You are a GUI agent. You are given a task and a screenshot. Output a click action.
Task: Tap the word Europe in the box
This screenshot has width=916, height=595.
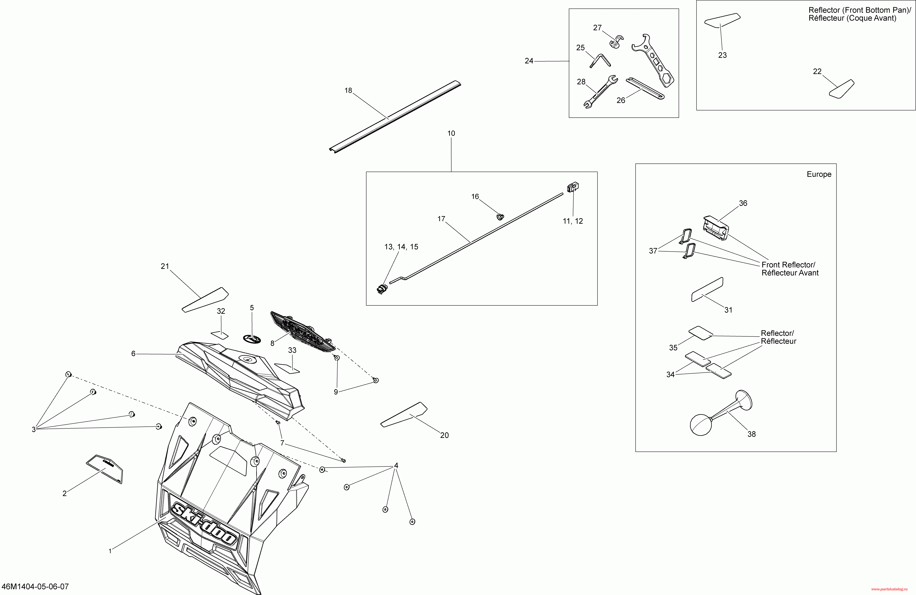(819, 174)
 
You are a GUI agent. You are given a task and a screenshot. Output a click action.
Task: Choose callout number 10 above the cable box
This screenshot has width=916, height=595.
(451, 133)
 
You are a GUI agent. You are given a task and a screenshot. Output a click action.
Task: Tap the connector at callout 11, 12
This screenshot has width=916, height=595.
(573, 187)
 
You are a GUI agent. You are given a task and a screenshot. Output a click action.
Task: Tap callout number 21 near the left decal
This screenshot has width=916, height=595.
(165, 266)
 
